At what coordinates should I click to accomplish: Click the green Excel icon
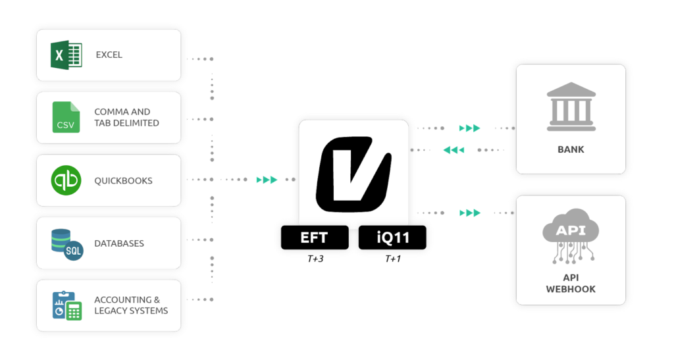point(66,55)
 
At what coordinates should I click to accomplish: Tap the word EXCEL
point(109,55)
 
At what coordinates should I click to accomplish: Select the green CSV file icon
point(66,117)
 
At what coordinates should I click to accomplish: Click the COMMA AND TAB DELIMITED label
point(126,117)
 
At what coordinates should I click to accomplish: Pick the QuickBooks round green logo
point(66,180)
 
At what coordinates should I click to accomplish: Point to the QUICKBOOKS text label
point(123,180)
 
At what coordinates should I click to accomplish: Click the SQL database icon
point(66,244)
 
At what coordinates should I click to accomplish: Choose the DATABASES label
point(119,244)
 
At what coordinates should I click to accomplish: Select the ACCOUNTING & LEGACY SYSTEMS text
point(131,305)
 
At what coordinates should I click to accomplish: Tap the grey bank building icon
point(571,107)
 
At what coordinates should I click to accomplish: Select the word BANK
point(571,149)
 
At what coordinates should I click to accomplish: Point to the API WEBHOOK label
point(571,284)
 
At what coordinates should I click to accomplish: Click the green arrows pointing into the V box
point(267,180)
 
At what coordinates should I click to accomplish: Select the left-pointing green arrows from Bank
point(454,150)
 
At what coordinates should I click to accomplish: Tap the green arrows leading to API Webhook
point(469,213)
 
